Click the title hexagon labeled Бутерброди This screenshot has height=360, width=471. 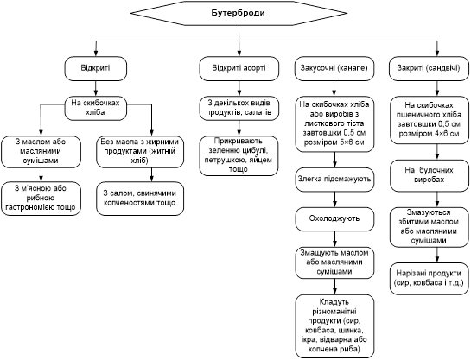[x=239, y=13]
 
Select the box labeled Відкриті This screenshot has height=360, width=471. [x=96, y=68]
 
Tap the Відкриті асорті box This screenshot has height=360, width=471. [x=239, y=68]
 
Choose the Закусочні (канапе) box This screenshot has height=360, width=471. [x=334, y=68]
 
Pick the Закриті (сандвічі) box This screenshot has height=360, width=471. [x=429, y=68]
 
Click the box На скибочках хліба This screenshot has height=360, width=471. [x=96, y=108]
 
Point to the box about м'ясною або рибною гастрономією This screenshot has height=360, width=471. [x=41, y=199]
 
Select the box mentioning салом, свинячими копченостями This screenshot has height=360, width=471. [x=140, y=199]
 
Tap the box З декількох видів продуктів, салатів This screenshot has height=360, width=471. [x=239, y=108]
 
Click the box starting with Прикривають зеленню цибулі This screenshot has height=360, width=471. [x=239, y=155]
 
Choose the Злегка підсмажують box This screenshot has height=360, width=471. [x=334, y=180]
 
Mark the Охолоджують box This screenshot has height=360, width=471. [x=334, y=219]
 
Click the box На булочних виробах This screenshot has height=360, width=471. [x=430, y=175]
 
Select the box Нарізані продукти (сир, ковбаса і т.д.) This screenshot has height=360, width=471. [x=430, y=278]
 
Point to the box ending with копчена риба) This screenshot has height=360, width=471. [x=334, y=326]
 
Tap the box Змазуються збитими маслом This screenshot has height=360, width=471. [x=430, y=227]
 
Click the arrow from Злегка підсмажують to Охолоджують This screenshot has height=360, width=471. [x=334, y=199]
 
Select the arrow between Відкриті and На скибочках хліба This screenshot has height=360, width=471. [x=96, y=89]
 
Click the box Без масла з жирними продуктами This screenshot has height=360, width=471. [x=140, y=152]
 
